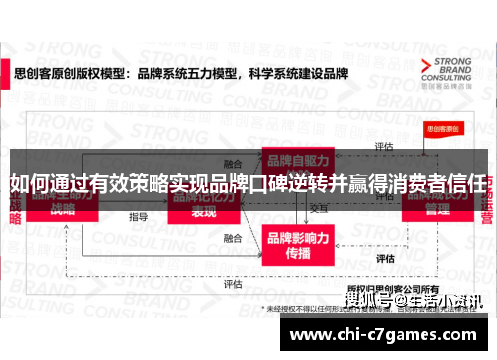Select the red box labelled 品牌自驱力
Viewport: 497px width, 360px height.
coord(295,161)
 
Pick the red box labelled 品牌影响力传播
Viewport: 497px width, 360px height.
coord(295,242)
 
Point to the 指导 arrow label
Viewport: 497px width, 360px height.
coord(138,216)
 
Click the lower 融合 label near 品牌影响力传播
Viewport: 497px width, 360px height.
coord(233,239)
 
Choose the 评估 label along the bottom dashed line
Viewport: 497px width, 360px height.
coord(233,284)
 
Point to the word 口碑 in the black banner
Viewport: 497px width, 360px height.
coord(268,184)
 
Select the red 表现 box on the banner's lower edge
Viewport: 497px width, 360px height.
coord(204,212)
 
